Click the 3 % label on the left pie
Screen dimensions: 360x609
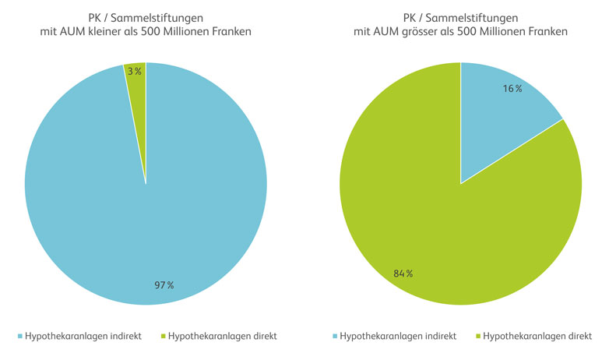pyautogui.click(x=135, y=71)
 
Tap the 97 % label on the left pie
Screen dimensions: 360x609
pyautogui.click(x=164, y=285)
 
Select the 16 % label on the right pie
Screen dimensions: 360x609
pyautogui.click(x=512, y=89)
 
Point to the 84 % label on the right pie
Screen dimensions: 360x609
pyautogui.click(x=403, y=274)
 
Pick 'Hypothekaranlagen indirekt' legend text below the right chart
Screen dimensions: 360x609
pyautogui.click(x=400, y=337)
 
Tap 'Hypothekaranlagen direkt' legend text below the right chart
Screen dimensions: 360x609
pyautogui.click(x=538, y=337)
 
